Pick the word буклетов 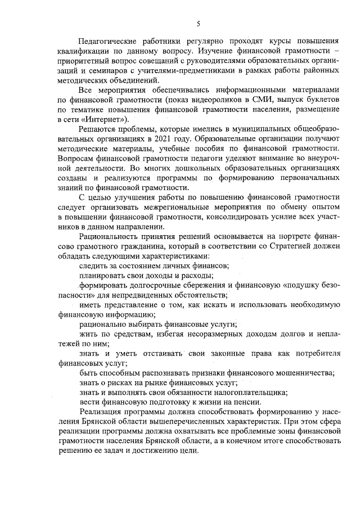tap(321, 100)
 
